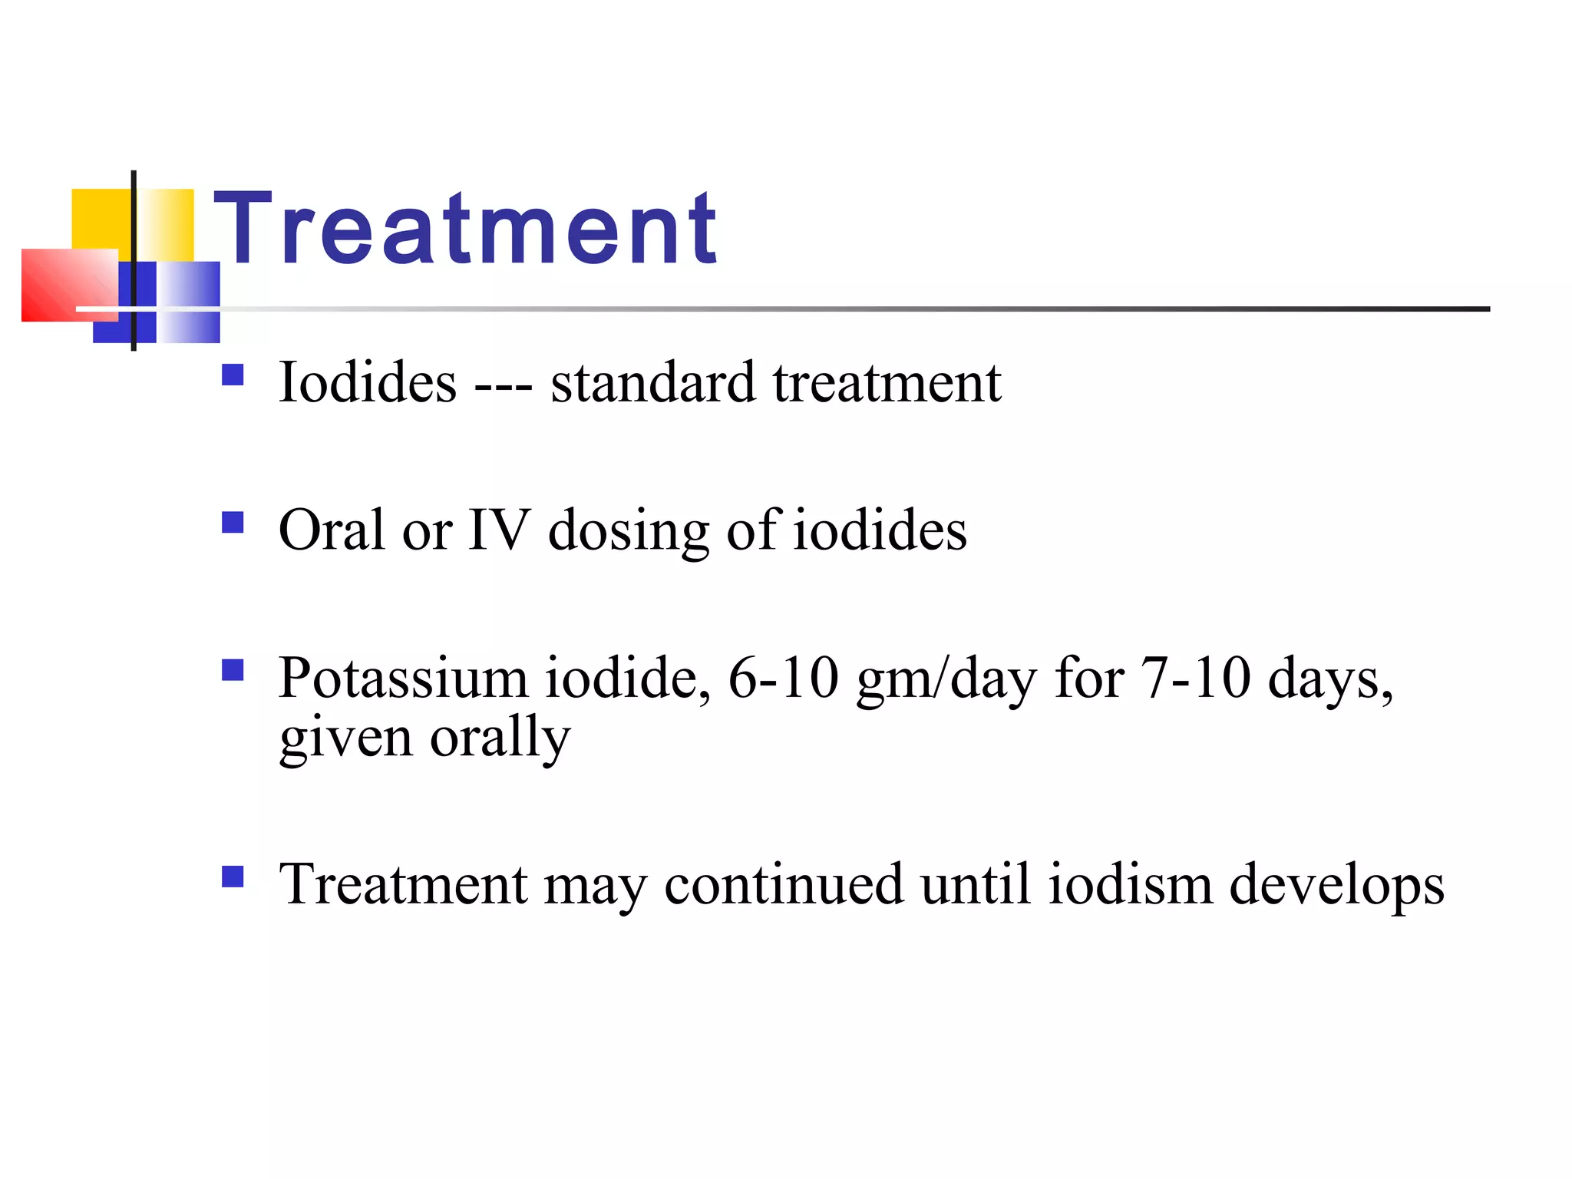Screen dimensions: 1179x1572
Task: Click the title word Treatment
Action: pyautogui.click(x=465, y=228)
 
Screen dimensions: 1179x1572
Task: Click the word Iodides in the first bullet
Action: pyautogui.click(x=368, y=382)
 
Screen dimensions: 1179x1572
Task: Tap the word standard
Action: pyautogui.click(x=652, y=382)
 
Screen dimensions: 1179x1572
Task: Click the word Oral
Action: pyautogui.click(x=332, y=530)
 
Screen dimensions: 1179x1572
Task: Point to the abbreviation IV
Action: pyautogui.click(x=499, y=530)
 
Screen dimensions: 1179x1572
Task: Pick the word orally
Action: pyautogui.click(x=500, y=738)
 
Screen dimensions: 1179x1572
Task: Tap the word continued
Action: pyautogui.click(x=784, y=884)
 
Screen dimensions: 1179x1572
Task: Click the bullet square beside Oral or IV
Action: pyautogui.click(x=233, y=523)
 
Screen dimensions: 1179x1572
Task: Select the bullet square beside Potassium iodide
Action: pyautogui.click(x=233, y=671)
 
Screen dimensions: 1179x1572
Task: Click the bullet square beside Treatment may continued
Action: pyautogui.click(x=233, y=877)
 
